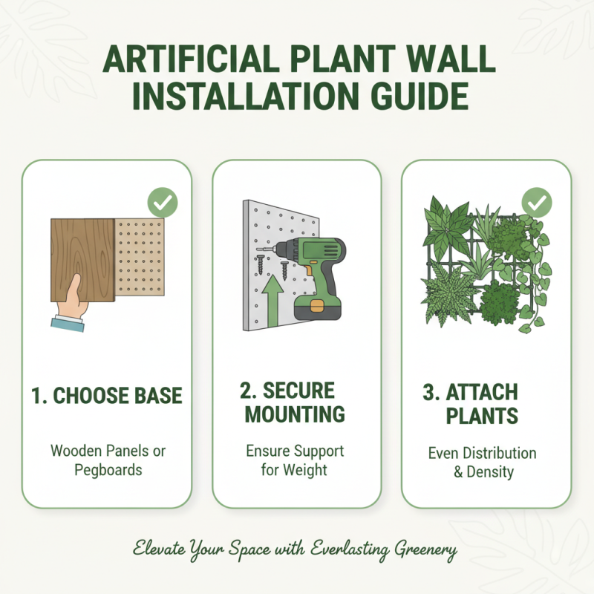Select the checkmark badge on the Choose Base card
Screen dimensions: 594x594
point(162,202)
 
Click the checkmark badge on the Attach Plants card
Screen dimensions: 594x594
point(536,202)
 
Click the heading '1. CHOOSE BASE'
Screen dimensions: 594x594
point(106,395)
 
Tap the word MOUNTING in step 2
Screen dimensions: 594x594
point(296,414)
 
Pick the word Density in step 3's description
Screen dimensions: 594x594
point(489,471)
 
